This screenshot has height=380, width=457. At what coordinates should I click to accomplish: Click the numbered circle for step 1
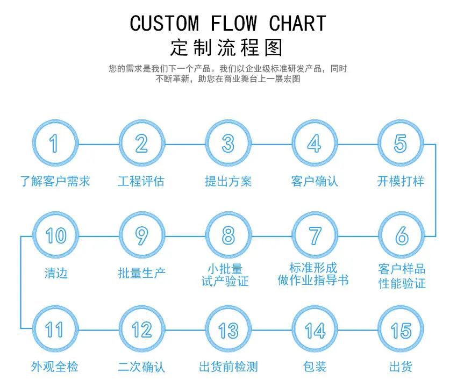pos(54,144)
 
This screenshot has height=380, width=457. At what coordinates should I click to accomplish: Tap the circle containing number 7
pos(315,235)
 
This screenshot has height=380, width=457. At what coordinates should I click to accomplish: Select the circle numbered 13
pos(228,329)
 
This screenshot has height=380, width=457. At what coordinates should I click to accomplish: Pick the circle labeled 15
pos(401,329)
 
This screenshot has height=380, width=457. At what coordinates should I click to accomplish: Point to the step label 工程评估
pos(141,181)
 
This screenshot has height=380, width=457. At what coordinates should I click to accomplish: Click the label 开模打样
pos(401,181)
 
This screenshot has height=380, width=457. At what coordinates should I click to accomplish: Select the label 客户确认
pos(315,181)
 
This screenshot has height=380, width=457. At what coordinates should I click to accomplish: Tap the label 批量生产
pos(142,273)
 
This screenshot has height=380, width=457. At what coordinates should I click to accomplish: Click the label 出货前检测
pos(228,367)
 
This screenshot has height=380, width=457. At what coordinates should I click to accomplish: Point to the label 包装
pos(315,367)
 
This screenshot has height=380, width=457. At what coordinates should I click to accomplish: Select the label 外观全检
pos(55,367)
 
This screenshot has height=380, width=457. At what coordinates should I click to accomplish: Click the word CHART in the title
pos(297,24)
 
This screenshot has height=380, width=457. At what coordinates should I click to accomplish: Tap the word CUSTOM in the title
pos(164,24)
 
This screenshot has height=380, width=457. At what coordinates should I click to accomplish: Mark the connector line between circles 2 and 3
pos(184,144)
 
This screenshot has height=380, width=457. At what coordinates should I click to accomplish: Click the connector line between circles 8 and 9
pos(184,235)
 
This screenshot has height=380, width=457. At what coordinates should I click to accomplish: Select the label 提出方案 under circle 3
pos(228,181)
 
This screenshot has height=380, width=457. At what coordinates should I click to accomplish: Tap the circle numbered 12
pos(141,329)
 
